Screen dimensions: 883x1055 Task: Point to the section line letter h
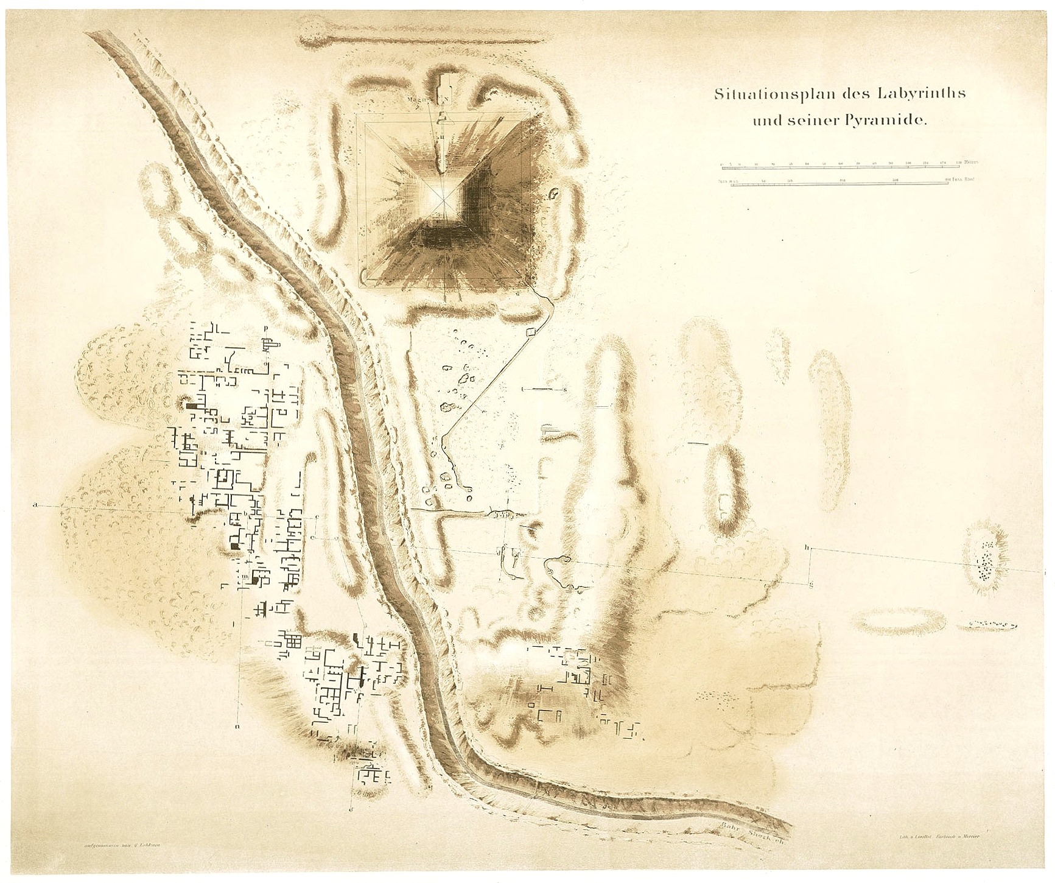[807, 547]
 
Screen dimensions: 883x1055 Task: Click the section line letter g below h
[811, 585]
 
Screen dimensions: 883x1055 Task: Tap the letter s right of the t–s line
[565, 389]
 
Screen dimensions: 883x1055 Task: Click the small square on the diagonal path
[528, 331]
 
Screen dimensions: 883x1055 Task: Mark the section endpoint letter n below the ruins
[237, 726]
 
